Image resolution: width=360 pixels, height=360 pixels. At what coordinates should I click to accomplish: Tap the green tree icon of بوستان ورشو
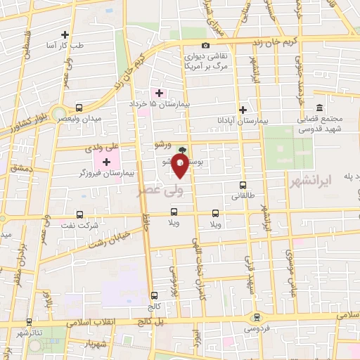point(183,150)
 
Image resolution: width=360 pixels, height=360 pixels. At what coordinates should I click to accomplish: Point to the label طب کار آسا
point(65,45)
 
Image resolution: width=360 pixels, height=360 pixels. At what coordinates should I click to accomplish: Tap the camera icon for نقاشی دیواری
point(206,46)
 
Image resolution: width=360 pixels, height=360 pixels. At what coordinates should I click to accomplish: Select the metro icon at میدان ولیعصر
point(78,108)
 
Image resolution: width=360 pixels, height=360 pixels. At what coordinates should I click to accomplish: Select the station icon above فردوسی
point(257,317)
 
